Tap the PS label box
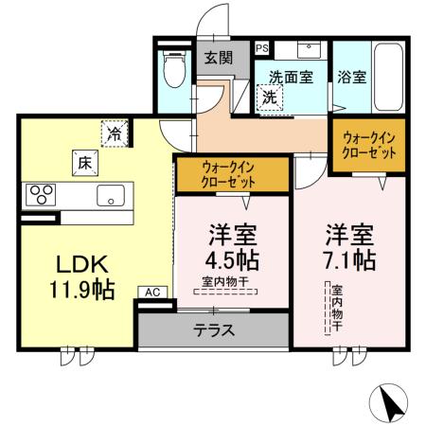click(x=261, y=47)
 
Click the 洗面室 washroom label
click(x=290, y=77)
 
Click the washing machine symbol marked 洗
click(x=269, y=96)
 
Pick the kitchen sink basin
click(x=110, y=196)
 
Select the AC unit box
click(x=151, y=293)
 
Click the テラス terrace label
click(x=215, y=331)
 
